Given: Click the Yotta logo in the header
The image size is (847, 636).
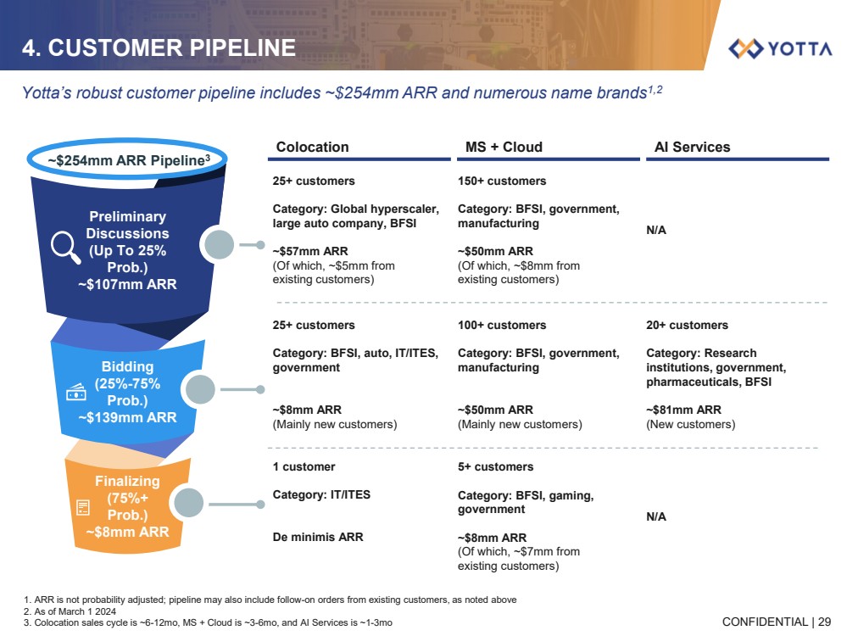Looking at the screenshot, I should tap(780, 48).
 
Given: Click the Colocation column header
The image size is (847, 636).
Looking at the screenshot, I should tap(312, 147).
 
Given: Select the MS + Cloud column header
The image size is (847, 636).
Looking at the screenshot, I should tap(504, 147).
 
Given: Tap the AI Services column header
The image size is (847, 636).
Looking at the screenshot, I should tap(692, 147).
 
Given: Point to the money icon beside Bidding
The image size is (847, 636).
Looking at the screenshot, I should tap(76, 392).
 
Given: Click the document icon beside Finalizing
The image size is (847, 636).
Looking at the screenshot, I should tap(82, 508).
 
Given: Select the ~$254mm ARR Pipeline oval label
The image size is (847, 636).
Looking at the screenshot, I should tap(127, 159).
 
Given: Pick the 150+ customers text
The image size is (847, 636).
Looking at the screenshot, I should tap(502, 181).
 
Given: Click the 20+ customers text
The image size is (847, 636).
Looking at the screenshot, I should tap(687, 325).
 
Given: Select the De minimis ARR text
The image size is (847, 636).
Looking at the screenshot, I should tap(318, 537).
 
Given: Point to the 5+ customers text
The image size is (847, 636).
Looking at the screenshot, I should tap(495, 466).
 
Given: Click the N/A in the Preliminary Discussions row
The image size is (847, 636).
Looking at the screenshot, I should tap(656, 230).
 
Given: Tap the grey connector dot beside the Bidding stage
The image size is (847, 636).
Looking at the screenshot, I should tap(200, 390).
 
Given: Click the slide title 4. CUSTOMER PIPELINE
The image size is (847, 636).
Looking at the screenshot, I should tap(159, 48).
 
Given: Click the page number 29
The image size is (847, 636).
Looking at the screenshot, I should tap(824, 622).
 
